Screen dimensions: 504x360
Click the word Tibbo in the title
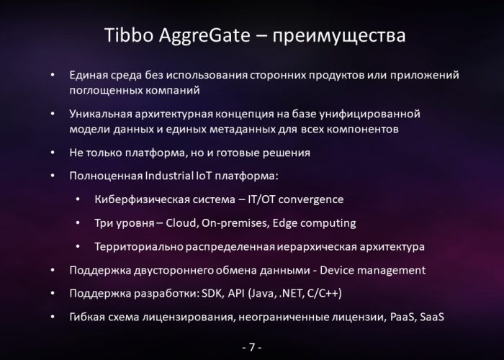point(129,35)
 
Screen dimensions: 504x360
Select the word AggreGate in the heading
point(204,36)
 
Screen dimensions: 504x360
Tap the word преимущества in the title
point(339,37)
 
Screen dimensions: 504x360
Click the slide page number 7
point(252,347)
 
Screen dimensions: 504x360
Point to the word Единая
point(89,75)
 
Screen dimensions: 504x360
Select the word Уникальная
point(101,114)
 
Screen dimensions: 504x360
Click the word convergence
point(311,199)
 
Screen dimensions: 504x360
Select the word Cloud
point(181,223)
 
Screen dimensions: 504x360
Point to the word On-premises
point(235,223)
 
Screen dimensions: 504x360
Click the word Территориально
point(139,247)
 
